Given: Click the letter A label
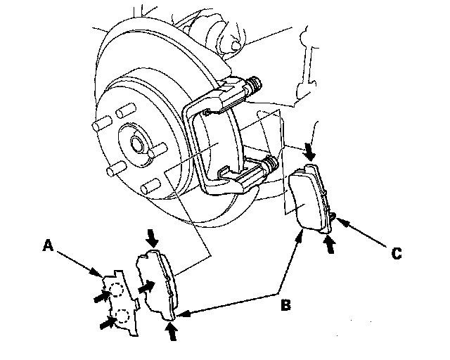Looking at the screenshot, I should [x=48, y=245].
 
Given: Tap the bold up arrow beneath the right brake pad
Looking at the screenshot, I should [x=328, y=243].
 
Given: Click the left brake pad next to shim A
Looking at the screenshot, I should [x=159, y=282].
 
